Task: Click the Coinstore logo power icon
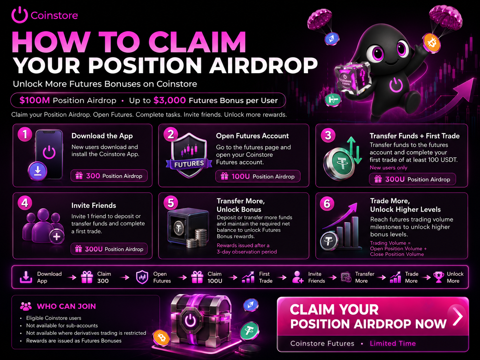click(20, 15)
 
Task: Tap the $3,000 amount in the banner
click(169, 100)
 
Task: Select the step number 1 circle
click(25, 134)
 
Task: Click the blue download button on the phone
click(37, 171)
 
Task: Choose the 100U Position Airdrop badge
click(258, 176)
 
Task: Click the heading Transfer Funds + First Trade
click(414, 136)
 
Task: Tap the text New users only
click(389, 168)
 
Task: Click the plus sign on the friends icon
click(57, 237)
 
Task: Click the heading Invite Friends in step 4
click(93, 206)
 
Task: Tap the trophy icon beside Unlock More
click(439, 277)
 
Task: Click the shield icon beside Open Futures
click(142, 277)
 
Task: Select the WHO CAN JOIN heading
click(66, 306)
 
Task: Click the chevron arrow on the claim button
click(458, 316)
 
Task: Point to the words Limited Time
click(393, 343)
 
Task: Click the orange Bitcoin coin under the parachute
click(432, 43)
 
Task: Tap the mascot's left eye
click(377, 53)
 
